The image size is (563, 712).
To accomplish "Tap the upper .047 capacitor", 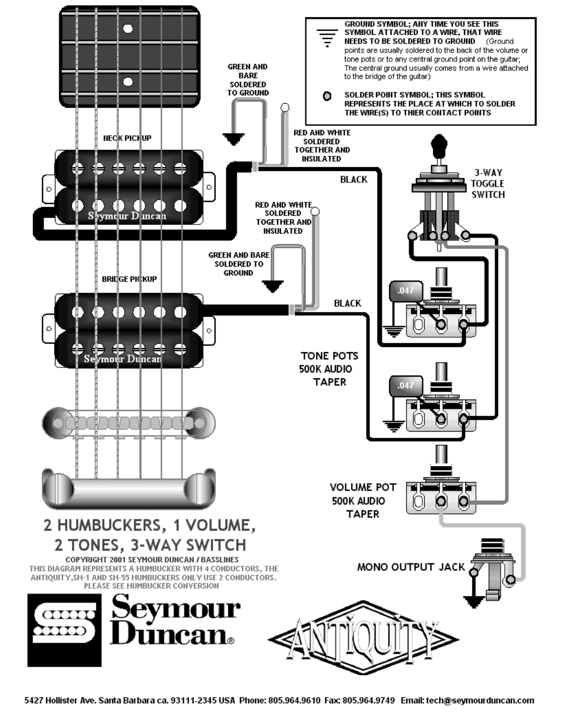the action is click(x=406, y=291).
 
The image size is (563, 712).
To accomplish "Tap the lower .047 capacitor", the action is click(x=406, y=386).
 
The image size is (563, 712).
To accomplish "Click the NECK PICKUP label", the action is click(x=127, y=138).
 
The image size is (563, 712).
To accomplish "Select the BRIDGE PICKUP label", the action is click(x=129, y=279).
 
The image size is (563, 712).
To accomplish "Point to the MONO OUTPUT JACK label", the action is click(x=411, y=567).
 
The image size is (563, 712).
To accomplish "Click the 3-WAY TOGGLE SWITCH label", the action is click(x=488, y=184).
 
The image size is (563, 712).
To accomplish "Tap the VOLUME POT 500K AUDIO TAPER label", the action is click(x=362, y=501).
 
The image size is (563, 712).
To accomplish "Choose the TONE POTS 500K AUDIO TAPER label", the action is click(x=328, y=369).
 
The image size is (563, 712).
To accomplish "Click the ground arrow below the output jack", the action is click(x=474, y=602).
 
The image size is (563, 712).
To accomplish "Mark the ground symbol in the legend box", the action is click(x=327, y=38).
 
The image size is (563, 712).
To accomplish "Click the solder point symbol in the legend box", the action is click(x=327, y=96).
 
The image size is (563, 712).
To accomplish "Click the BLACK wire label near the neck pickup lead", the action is click(x=354, y=180).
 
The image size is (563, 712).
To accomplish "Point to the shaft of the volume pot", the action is click(x=442, y=455).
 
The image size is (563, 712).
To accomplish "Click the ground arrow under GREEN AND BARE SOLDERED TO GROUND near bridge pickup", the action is click(x=273, y=286).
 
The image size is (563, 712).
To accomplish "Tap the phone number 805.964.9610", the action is click(x=294, y=701).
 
